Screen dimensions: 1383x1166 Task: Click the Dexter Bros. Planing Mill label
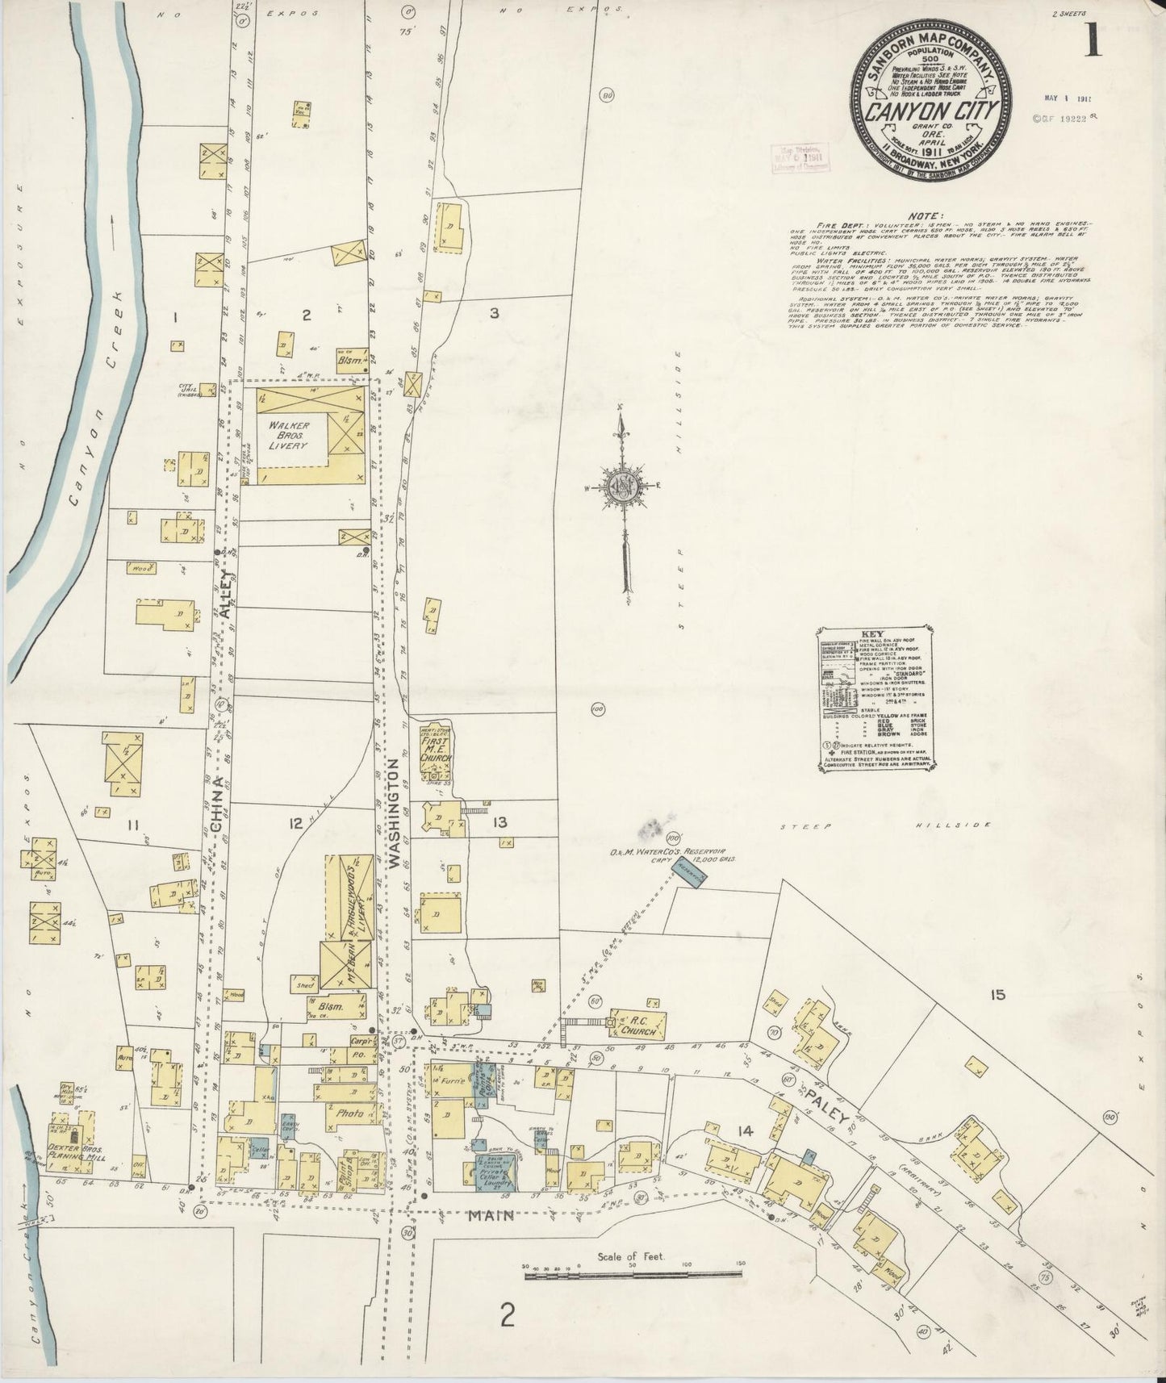tap(78, 1150)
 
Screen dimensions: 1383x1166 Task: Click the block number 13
tap(499, 823)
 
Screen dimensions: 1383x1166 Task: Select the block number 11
tap(132, 824)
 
